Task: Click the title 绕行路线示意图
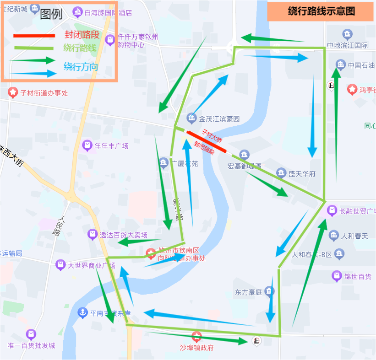322,11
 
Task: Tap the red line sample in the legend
34,35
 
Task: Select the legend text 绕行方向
81,67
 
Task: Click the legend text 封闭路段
82,35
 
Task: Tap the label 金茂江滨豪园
219,119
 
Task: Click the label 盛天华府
302,174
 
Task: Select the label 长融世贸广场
357,211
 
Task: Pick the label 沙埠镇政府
197,348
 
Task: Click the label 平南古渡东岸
110,313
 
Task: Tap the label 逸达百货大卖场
124,235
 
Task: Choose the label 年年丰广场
111,146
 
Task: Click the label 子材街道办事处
44,93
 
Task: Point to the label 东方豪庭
248,292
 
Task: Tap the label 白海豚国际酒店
108,13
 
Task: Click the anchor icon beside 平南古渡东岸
82,313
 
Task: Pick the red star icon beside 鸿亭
352,90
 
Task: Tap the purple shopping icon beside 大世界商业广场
60,265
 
